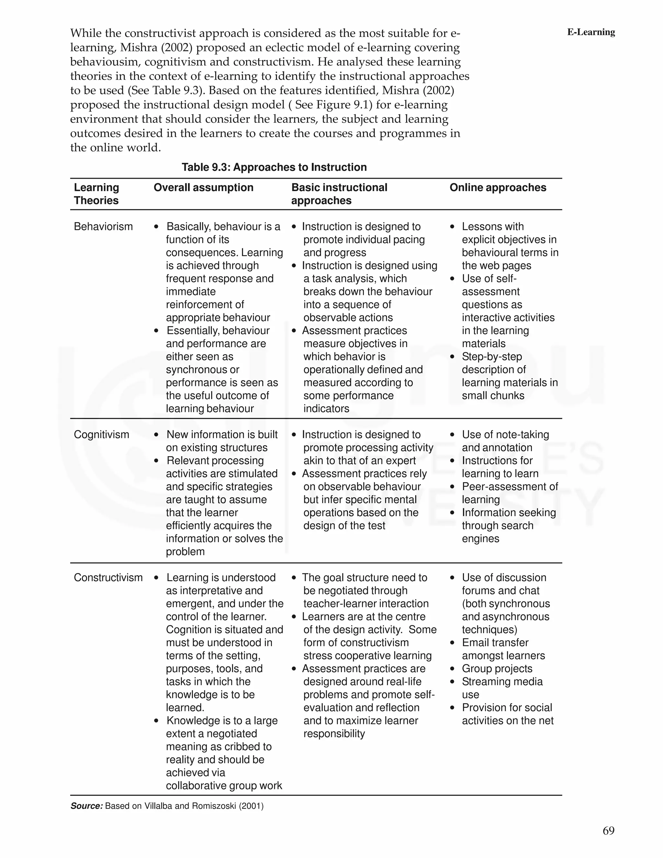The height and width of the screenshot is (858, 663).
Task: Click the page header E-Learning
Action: (x=591, y=32)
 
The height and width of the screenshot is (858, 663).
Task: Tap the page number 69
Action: (x=608, y=830)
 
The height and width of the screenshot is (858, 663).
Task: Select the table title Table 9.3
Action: (x=274, y=167)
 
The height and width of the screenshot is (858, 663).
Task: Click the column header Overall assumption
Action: (x=203, y=187)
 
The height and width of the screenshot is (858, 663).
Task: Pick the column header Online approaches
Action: (x=498, y=187)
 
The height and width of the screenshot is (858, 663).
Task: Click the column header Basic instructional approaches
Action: (x=339, y=194)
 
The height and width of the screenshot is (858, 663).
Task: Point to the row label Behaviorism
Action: (x=103, y=226)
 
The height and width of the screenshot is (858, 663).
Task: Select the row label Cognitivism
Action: (x=101, y=435)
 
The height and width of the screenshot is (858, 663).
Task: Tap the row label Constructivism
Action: (x=108, y=578)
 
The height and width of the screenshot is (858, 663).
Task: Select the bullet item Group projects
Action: (x=497, y=668)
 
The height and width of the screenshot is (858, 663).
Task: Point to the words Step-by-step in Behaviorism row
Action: (x=491, y=357)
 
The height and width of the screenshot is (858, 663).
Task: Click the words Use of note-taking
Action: (x=505, y=435)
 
